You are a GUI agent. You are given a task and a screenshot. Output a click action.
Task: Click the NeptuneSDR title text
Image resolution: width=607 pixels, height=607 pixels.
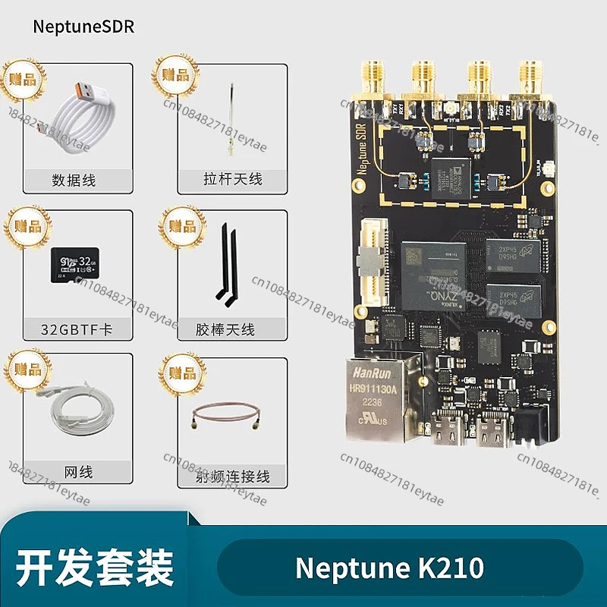point(83,27)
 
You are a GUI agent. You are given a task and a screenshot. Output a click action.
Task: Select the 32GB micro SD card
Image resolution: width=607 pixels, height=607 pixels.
point(74,265)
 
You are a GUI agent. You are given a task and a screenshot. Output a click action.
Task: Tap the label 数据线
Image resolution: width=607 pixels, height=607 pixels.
point(74,181)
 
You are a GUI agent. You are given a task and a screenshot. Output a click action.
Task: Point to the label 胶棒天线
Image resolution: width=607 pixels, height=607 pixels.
point(226,329)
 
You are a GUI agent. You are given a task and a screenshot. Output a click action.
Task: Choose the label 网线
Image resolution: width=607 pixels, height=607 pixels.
point(75,472)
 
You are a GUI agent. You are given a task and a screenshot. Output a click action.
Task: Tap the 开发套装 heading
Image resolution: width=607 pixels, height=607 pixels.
point(95,568)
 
